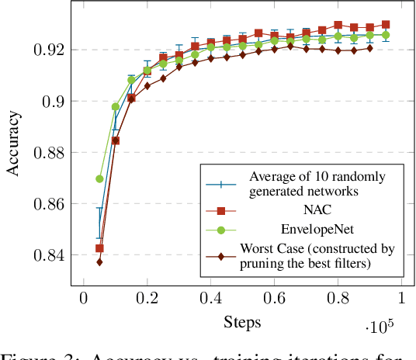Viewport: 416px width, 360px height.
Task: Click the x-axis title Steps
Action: click(x=242, y=320)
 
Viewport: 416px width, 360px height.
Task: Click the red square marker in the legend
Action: click(x=222, y=209)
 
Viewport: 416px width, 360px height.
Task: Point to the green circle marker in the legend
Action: click(x=222, y=230)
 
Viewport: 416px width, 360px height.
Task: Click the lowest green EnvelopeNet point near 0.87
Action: click(x=99, y=178)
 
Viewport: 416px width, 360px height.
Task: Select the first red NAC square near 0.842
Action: click(x=99, y=248)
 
